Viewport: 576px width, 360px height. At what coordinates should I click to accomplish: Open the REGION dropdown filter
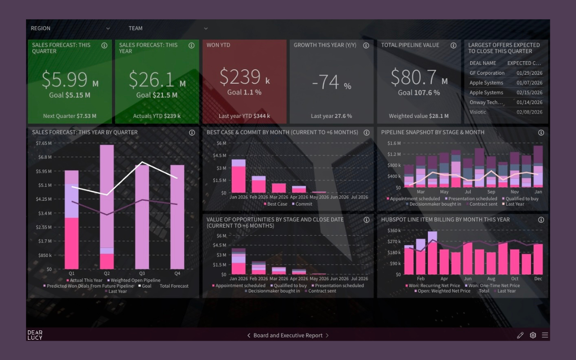coord(70,28)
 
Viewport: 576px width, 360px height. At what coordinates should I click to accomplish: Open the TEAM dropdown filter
coord(168,28)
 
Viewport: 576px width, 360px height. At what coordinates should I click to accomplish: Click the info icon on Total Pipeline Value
coord(454,45)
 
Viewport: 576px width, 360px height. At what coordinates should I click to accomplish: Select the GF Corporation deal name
coord(487,73)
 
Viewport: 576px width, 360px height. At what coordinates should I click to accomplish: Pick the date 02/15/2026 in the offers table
coord(530,93)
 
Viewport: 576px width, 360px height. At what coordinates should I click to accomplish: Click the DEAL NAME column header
coord(483,63)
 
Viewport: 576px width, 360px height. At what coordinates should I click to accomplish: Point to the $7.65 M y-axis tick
coord(44,143)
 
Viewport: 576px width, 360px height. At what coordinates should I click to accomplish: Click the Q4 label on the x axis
coord(177,273)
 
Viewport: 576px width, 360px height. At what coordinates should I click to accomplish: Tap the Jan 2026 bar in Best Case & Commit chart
coord(238,176)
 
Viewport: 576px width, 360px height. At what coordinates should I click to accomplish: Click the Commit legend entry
coord(304,204)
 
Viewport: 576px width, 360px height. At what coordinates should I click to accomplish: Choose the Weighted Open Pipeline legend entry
coord(135,280)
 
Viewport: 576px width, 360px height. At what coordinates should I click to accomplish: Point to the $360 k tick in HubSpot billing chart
coord(394,230)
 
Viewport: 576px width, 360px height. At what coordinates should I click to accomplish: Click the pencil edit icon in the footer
coord(520,335)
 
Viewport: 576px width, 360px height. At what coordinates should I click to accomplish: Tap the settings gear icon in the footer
coord(533,335)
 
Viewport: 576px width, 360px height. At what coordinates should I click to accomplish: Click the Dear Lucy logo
coord(35,335)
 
